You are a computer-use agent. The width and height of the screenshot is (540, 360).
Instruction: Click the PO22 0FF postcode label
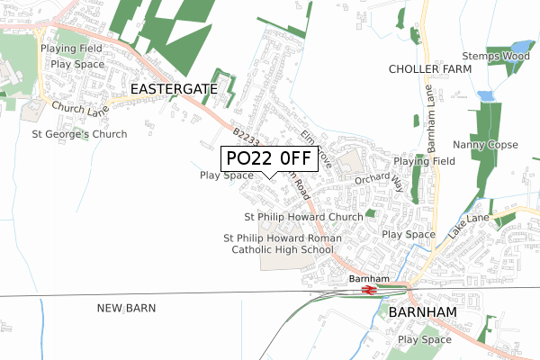267,158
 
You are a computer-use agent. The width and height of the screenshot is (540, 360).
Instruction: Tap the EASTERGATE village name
174,89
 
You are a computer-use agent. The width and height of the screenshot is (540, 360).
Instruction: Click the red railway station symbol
368,291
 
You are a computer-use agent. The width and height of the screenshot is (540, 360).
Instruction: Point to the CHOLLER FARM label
430,69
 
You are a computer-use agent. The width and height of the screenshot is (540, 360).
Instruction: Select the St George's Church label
79,134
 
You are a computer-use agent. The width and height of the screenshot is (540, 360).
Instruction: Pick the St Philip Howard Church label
303,217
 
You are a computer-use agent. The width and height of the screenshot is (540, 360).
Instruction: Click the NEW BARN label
126,308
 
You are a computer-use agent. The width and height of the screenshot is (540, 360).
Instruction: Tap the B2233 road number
244,135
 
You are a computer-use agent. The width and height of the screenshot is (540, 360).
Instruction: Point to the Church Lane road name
79,110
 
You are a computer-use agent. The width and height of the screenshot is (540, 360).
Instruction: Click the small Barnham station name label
368,279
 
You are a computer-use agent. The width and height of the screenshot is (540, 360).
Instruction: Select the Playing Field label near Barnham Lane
421,161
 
